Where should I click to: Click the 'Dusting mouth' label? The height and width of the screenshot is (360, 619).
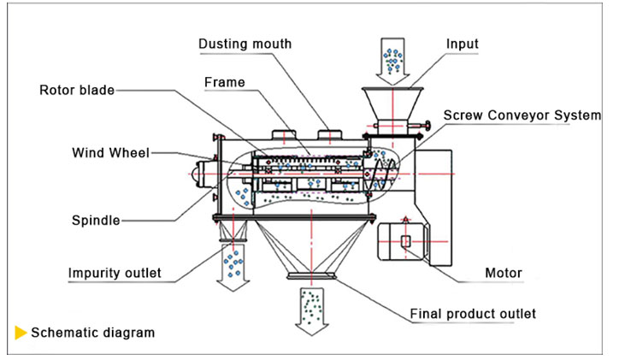coord(245,43)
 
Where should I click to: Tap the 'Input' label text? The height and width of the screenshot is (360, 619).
coord(462,44)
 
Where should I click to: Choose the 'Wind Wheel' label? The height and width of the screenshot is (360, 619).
coord(110,153)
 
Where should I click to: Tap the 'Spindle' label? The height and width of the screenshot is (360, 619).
coord(96,221)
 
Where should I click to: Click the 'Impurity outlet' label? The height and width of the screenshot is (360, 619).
coord(115,274)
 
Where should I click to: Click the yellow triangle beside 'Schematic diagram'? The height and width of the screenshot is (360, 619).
coord(20,333)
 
